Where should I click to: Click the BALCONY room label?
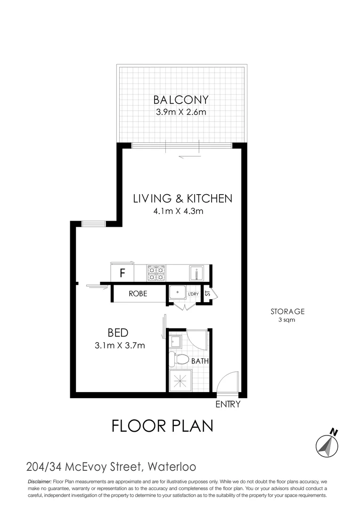[x=181, y=100]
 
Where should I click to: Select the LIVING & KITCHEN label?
[x=182, y=198]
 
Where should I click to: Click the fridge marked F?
[x=122, y=272]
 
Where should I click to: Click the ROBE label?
[x=138, y=294]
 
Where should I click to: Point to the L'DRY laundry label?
[x=193, y=294]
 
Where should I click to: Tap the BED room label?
[x=118, y=333]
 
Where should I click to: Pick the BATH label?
[x=200, y=361]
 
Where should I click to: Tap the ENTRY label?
[x=228, y=404]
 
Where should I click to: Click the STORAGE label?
[x=287, y=311]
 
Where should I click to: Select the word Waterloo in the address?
[x=172, y=467]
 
